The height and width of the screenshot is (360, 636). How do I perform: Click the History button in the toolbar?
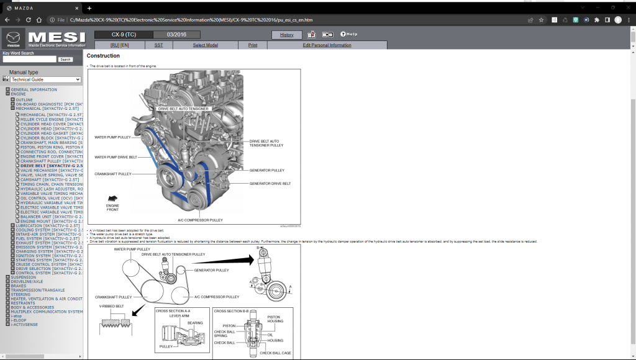(286, 35)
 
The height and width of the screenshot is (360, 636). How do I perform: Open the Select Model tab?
(205, 45)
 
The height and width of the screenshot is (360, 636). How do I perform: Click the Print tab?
(253, 45)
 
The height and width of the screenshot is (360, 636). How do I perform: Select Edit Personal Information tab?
(327, 45)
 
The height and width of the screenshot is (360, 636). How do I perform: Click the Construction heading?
(103, 56)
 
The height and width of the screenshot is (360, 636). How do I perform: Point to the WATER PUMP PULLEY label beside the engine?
(112, 137)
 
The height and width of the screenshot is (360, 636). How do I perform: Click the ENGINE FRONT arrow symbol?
(113, 198)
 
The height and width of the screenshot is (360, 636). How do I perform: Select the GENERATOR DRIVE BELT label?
(270, 184)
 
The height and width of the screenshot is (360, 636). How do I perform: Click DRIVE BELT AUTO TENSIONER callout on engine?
(183, 109)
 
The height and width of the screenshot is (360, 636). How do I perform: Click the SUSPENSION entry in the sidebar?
(23, 277)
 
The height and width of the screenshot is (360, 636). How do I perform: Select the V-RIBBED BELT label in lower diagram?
(111, 306)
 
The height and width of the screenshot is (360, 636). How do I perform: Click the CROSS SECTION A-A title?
(173, 310)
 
